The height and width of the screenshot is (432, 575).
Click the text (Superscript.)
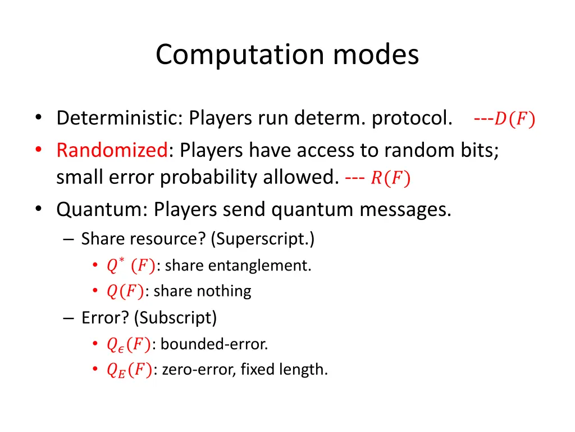point(263,239)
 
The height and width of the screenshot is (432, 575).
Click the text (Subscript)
point(175,318)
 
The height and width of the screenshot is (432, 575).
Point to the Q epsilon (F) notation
point(128,344)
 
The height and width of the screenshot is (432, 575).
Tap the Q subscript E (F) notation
point(128,370)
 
